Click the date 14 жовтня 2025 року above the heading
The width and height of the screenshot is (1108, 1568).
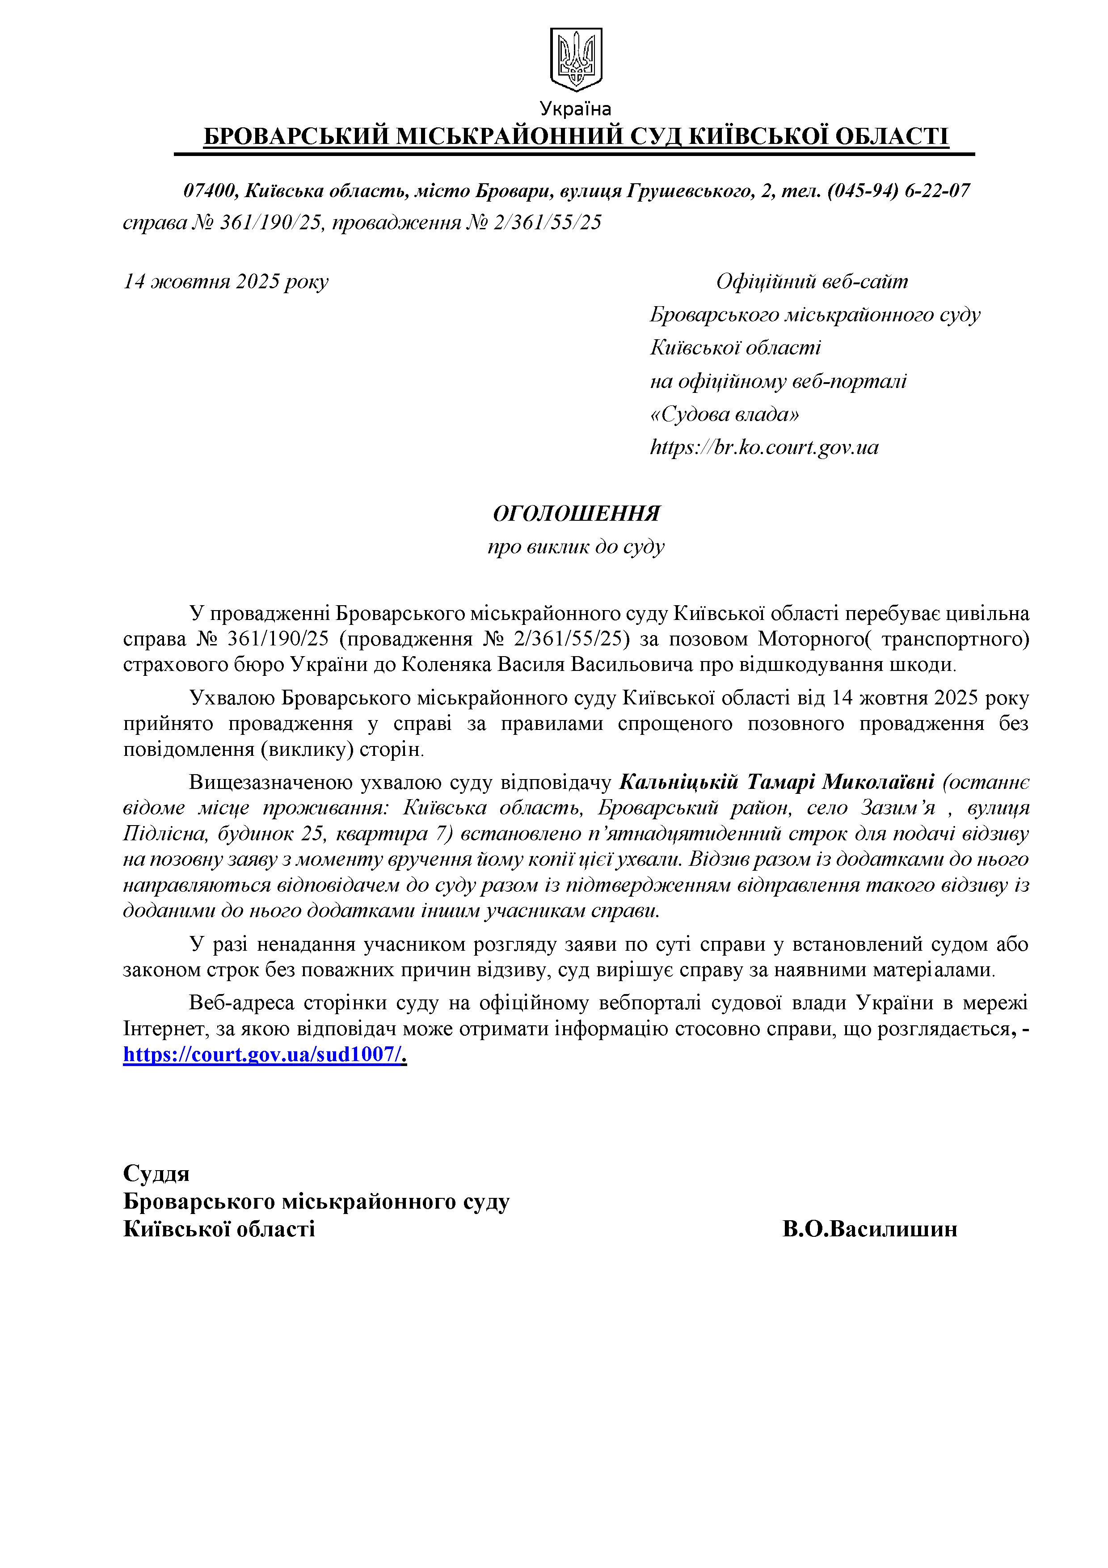(x=225, y=281)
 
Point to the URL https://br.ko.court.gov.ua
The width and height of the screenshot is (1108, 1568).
(x=764, y=447)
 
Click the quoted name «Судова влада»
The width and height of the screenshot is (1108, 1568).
(x=725, y=414)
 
